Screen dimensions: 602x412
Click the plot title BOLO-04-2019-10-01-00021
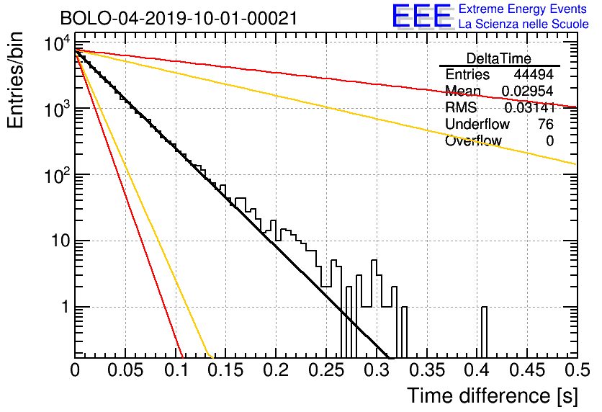click(x=179, y=18)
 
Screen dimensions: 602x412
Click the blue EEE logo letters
click(x=421, y=16)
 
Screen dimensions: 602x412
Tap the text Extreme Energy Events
click(x=523, y=9)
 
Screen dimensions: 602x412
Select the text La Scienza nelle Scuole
click(x=524, y=24)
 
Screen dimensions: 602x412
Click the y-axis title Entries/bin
click(x=15, y=80)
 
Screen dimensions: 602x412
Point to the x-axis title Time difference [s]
click(x=493, y=396)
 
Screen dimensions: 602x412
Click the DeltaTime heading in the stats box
click(x=499, y=58)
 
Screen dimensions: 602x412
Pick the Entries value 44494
click(x=534, y=74)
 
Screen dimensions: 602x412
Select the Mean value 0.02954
click(x=528, y=91)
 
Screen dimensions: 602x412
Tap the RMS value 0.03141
click(x=530, y=108)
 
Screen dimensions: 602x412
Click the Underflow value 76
click(x=546, y=124)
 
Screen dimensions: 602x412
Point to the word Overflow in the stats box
click(x=473, y=141)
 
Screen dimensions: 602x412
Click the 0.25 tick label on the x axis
click(x=326, y=370)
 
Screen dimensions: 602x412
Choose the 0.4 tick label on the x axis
click(x=477, y=370)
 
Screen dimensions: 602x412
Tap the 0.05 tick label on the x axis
click(x=125, y=370)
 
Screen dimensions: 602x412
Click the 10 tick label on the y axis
click(x=60, y=241)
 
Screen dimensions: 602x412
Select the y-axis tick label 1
click(x=66, y=307)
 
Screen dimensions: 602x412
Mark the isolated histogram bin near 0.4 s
click(x=484, y=332)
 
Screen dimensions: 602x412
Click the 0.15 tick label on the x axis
click(x=226, y=370)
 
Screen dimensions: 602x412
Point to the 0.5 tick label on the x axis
click(x=577, y=370)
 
